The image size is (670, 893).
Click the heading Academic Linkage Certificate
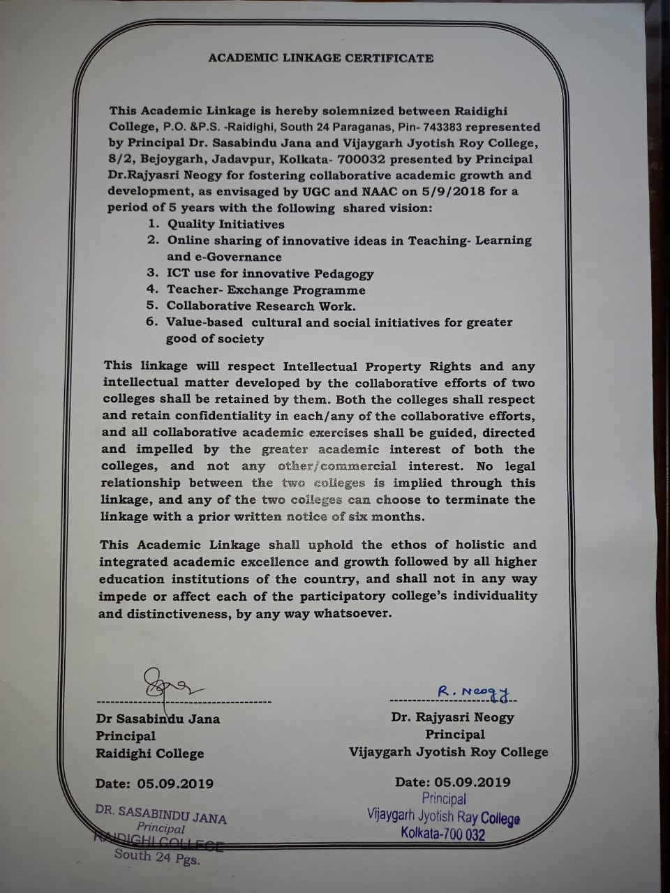point(320,59)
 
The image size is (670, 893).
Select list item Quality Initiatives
point(225,224)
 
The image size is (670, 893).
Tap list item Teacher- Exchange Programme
point(265,290)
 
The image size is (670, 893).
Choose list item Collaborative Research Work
point(260,306)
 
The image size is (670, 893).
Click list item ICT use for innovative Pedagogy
point(269,273)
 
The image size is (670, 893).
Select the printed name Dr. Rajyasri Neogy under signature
point(452,717)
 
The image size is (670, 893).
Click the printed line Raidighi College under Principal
point(149,753)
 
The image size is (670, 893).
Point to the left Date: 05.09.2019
point(154,783)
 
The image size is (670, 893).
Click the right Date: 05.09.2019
point(452,782)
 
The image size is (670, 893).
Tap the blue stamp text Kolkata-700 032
point(442,834)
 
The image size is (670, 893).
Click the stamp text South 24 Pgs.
point(157,857)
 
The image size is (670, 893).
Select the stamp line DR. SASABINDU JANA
point(161,814)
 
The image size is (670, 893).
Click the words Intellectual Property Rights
point(377,366)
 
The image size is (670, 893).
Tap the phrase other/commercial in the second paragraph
point(336,466)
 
